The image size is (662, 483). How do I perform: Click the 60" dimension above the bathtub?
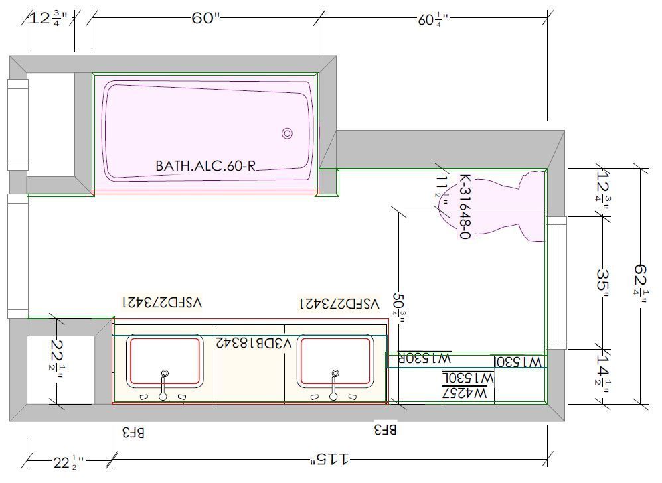pos(205,18)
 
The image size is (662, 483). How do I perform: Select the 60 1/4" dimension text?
pos(433,20)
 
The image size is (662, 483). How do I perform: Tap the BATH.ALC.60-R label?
pos(205,165)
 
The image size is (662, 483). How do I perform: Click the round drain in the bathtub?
pos(287,133)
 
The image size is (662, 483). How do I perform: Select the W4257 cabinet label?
pos(467,393)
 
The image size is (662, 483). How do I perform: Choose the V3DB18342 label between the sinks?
pos(254,342)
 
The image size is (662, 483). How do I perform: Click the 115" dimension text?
pos(331,458)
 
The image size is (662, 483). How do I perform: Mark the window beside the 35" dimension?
pos(556,283)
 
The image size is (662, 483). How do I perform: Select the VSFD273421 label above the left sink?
pos(161,303)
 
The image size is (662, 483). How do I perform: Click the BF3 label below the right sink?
pos(386,430)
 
